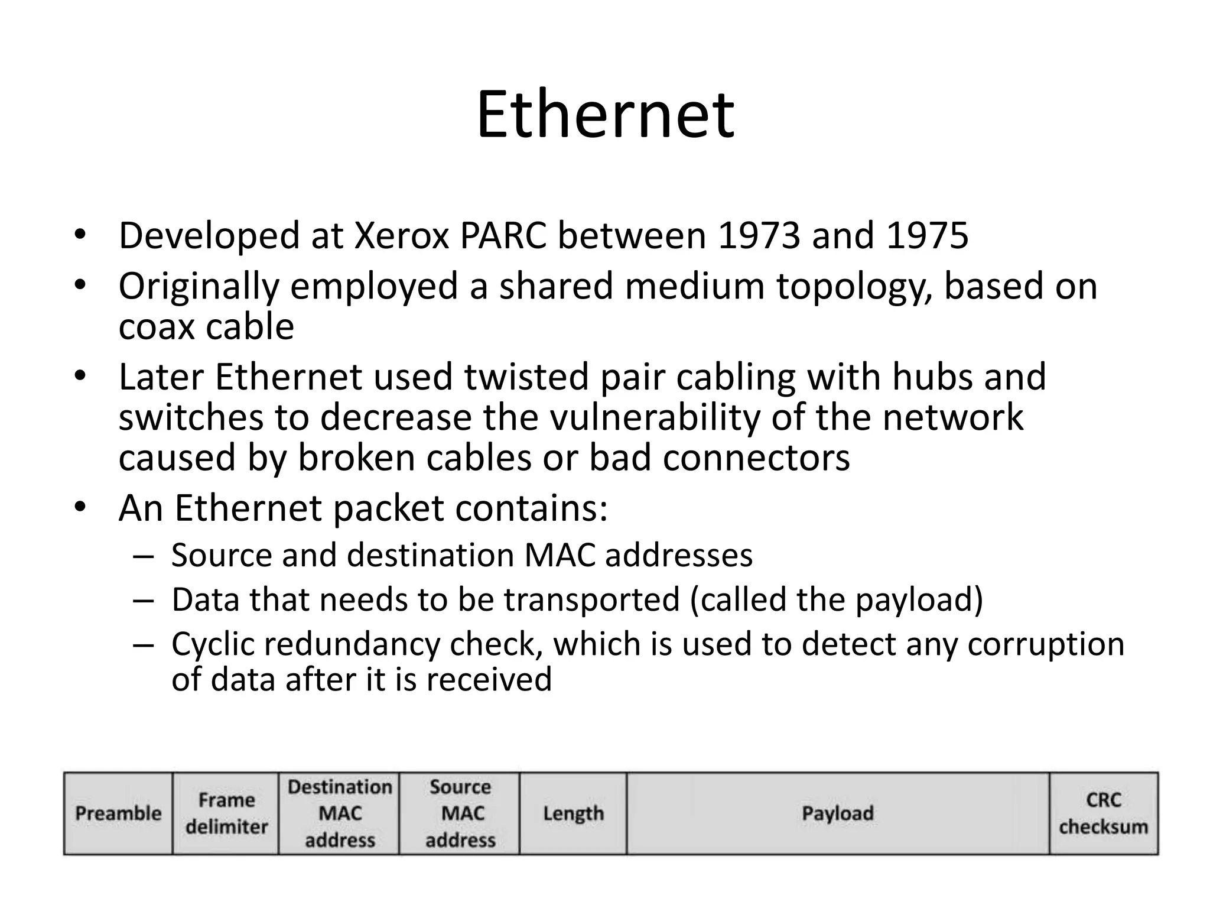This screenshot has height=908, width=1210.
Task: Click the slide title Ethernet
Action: pyautogui.click(x=605, y=115)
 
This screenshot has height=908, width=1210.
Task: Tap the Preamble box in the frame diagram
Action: pyautogui.click(x=118, y=813)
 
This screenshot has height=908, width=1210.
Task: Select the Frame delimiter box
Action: pyautogui.click(x=226, y=813)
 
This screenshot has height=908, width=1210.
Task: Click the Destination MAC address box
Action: pyautogui.click(x=340, y=813)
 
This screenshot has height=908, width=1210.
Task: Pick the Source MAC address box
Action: pyautogui.click(x=460, y=813)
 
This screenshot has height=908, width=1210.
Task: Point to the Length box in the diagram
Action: pyautogui.click(x=573, y=813)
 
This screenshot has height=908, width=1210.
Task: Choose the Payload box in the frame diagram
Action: pyautogui.click(x=837, y=813)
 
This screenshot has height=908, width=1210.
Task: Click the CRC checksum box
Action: pyautogui.click(x=1103, y=813)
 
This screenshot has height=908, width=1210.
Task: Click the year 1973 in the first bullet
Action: pyautogui.click(x=759, y=236)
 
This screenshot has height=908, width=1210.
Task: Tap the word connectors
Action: pyautogui.click(x=756, y=458)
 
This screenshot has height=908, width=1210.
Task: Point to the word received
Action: pyautogui.click(x=489, y=679)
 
